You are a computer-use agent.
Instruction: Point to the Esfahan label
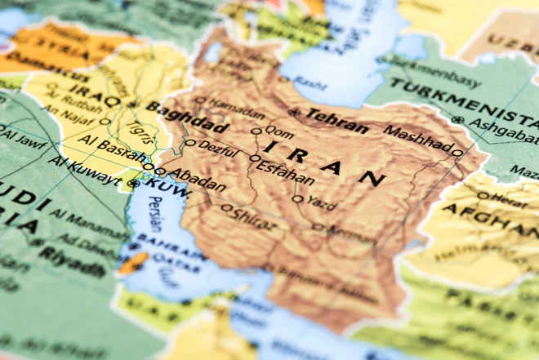click(286, 170)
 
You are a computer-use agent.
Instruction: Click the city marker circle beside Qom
click(256, 131)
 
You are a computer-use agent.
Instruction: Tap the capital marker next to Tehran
click(295, 113)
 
